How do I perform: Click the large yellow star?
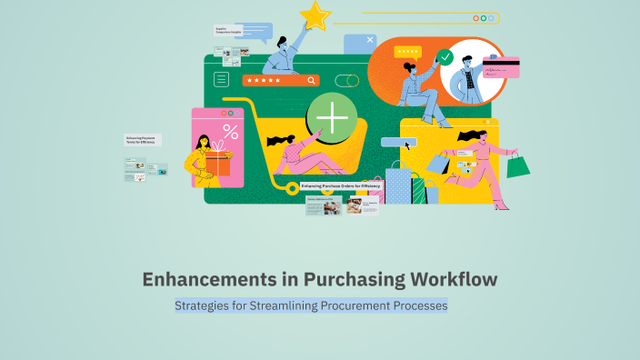[316, 15]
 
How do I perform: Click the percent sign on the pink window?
[230, 133]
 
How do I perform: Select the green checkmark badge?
[445, 57]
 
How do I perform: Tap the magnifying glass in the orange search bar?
[313, 80]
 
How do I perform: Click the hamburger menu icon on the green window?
[221, 80]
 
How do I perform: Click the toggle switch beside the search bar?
[346, 80]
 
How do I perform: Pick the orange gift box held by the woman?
[217, 164]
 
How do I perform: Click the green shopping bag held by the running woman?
[518, 165]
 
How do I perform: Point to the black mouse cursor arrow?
[408, 144]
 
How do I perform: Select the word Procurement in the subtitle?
[343, 306]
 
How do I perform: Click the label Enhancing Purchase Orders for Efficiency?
[343, 185]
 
